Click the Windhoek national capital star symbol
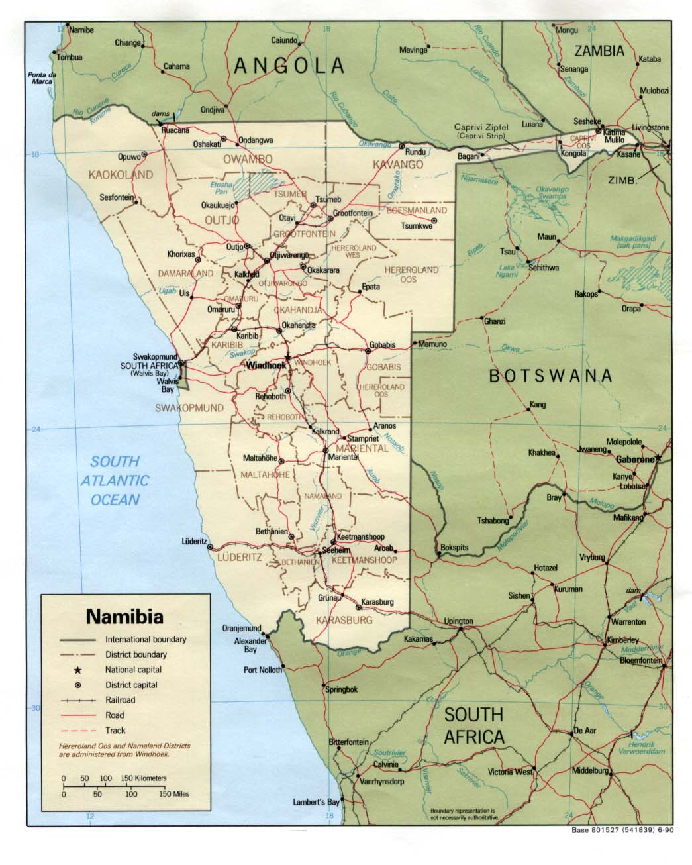pyautogui.click(x=287, y=357)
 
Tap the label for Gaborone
pyautogui.click(x=634, y=459)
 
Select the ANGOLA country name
pyautogui.click(x=291, y=66)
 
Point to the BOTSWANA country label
pyautogui.click(x=550, y=376)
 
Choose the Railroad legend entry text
pyautogui.click(x=120, y=700)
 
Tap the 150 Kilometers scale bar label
pyautogui.click(x=143, y=778)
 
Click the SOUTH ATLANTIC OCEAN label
pyautogui.click(x=115, y=480)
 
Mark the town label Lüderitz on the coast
pyautogui.click(x=194, y=541)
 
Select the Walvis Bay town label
pyautogui.click(x=166, y=386)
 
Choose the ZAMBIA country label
pyautogui.click(x=599, y=51)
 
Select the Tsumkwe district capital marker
pyautogui.click(x=434, y=220)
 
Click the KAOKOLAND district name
pyautogui.click(x=121, y=175)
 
